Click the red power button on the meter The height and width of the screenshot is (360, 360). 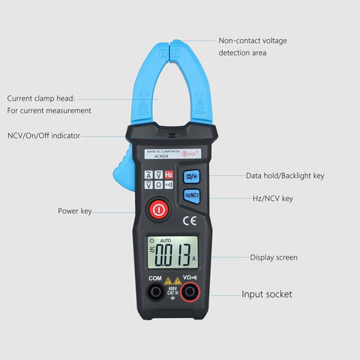pyautogui.click(x=158, y=210)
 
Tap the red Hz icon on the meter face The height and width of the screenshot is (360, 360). pyautogui.click(x=169, y=175)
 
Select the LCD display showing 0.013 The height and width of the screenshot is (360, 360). pyautogui.click(x=172, y=253)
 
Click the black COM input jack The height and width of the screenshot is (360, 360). pyautogui.click(x=154, y=292)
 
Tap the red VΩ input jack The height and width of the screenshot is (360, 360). pyautogui.click(x=190, y=292)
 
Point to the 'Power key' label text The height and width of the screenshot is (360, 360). pyautogui.click(x=75, y=211)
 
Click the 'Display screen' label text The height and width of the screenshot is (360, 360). pyautogui.click(x=274, y=257)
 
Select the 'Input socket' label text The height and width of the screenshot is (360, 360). pyautogui.click(x=266, y=294)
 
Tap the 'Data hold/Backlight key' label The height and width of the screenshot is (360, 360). pyautogui.click(x=285, y=175)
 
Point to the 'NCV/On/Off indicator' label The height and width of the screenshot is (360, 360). pyautogui.click(x=43, y=136)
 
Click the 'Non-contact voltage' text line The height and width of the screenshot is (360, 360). pyautogui.click(x=253, y=40)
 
